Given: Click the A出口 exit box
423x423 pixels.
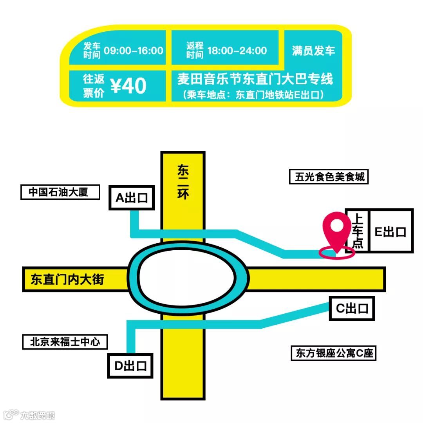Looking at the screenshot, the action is tap(132, 198).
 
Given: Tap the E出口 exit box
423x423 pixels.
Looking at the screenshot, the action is tap(390, 231).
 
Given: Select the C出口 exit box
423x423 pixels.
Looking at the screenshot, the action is tap(352, 308).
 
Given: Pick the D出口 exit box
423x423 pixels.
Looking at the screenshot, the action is tap(130, 366).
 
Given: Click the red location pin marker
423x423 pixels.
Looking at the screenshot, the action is tap(336, 228).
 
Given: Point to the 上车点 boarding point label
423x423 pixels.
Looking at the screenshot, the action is tap(358, 231).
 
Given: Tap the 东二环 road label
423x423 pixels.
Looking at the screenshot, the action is tap(183, 183).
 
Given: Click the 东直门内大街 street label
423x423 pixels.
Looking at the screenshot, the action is tap(67, 280).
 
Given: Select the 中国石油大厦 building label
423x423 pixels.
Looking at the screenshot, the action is tap(60, 192).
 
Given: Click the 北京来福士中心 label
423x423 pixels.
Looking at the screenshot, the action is tap(65, 342).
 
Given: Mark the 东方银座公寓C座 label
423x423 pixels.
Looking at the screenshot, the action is tap(333, 353).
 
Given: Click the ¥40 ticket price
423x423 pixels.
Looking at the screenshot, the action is tap(128, 86).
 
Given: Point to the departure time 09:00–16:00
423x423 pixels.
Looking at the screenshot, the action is tap(134, 51).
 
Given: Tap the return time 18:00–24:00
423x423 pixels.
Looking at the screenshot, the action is tap(237, 51).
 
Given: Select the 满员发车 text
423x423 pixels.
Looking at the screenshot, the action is tap(313, 51).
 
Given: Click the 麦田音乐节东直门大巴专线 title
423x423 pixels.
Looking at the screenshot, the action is tap(255, 80).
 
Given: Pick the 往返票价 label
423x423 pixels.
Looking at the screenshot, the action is tap(94, 86).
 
